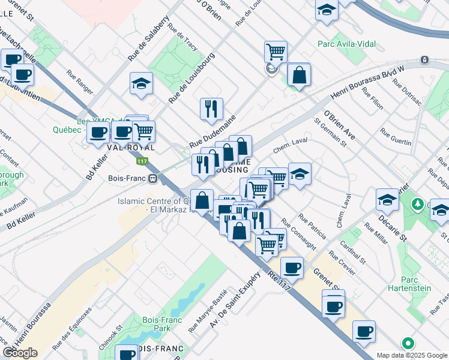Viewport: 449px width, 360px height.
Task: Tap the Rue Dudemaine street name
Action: (211, 131)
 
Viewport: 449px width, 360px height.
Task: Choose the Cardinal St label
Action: (353, 253)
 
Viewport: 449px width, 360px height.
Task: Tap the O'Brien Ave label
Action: (339, 125)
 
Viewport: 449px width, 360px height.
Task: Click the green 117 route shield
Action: (142, 161)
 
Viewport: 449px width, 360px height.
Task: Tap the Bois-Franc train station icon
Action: (153, 178)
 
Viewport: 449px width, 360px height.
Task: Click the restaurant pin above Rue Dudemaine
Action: (211, 109)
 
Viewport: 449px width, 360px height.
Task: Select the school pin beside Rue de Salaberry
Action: (142, 83)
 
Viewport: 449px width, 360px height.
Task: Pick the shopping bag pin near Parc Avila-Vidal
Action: (298, 74)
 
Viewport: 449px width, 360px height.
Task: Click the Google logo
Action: (20, 353)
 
